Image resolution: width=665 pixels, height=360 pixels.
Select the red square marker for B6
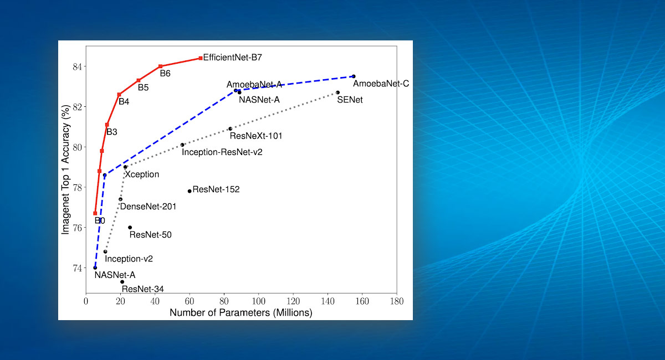(x=160, y=66)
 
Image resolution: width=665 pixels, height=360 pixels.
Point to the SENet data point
(x=337, y=92)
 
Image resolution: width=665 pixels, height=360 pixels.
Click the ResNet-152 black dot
(x=190, y=191)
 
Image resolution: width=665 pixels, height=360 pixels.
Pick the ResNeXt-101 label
(x=256, y=136)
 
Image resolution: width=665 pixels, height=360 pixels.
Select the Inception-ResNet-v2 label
(x=222, y=152)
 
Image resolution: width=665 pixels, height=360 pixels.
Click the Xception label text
(x=142, y=174)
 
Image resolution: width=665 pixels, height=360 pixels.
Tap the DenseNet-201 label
(x=148, y=207)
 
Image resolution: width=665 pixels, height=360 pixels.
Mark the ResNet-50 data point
(x=130, y=227)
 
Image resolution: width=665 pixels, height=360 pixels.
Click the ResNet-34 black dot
(x=122, y=282)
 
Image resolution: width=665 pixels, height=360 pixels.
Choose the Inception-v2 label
(x=129, y=259)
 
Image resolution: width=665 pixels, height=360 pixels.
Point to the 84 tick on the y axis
(x=75, y=66)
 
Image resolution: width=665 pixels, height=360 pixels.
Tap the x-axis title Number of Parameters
(x=241, y=312)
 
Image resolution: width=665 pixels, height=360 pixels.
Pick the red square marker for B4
(x=119, y=95)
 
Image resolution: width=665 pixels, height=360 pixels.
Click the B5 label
(x=143, y=88)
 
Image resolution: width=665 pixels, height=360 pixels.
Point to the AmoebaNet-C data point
(x=354, y=76)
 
